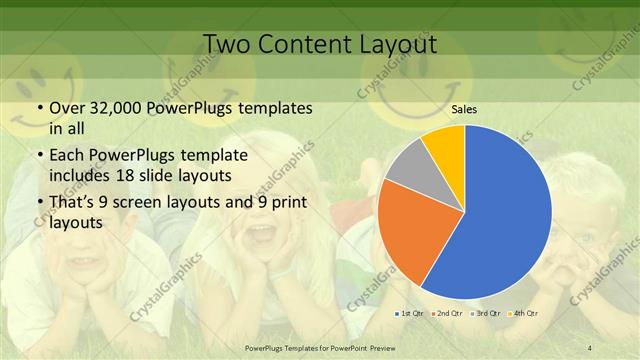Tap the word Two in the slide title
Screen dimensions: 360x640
tap(226, 44)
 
